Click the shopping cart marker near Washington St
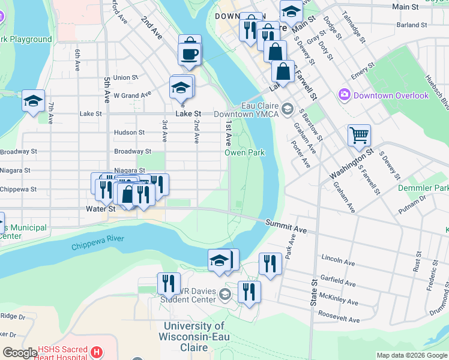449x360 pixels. point(359,135)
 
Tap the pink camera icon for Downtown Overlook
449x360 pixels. point(344,95)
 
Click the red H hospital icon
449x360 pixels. point(97,351)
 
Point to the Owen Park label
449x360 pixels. point(245,153)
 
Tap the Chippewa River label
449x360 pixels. point(97,243)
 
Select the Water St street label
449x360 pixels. point(100,209)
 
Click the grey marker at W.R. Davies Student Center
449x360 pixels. point(224,293)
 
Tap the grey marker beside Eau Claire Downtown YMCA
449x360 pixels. point(288,109)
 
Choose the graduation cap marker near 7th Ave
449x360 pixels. point(33,101)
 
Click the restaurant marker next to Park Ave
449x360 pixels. point(270,263)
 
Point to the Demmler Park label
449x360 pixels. point(423,188)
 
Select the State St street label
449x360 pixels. point(313,293)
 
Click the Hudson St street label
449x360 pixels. point(129,133)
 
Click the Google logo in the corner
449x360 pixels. point(20,353)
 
